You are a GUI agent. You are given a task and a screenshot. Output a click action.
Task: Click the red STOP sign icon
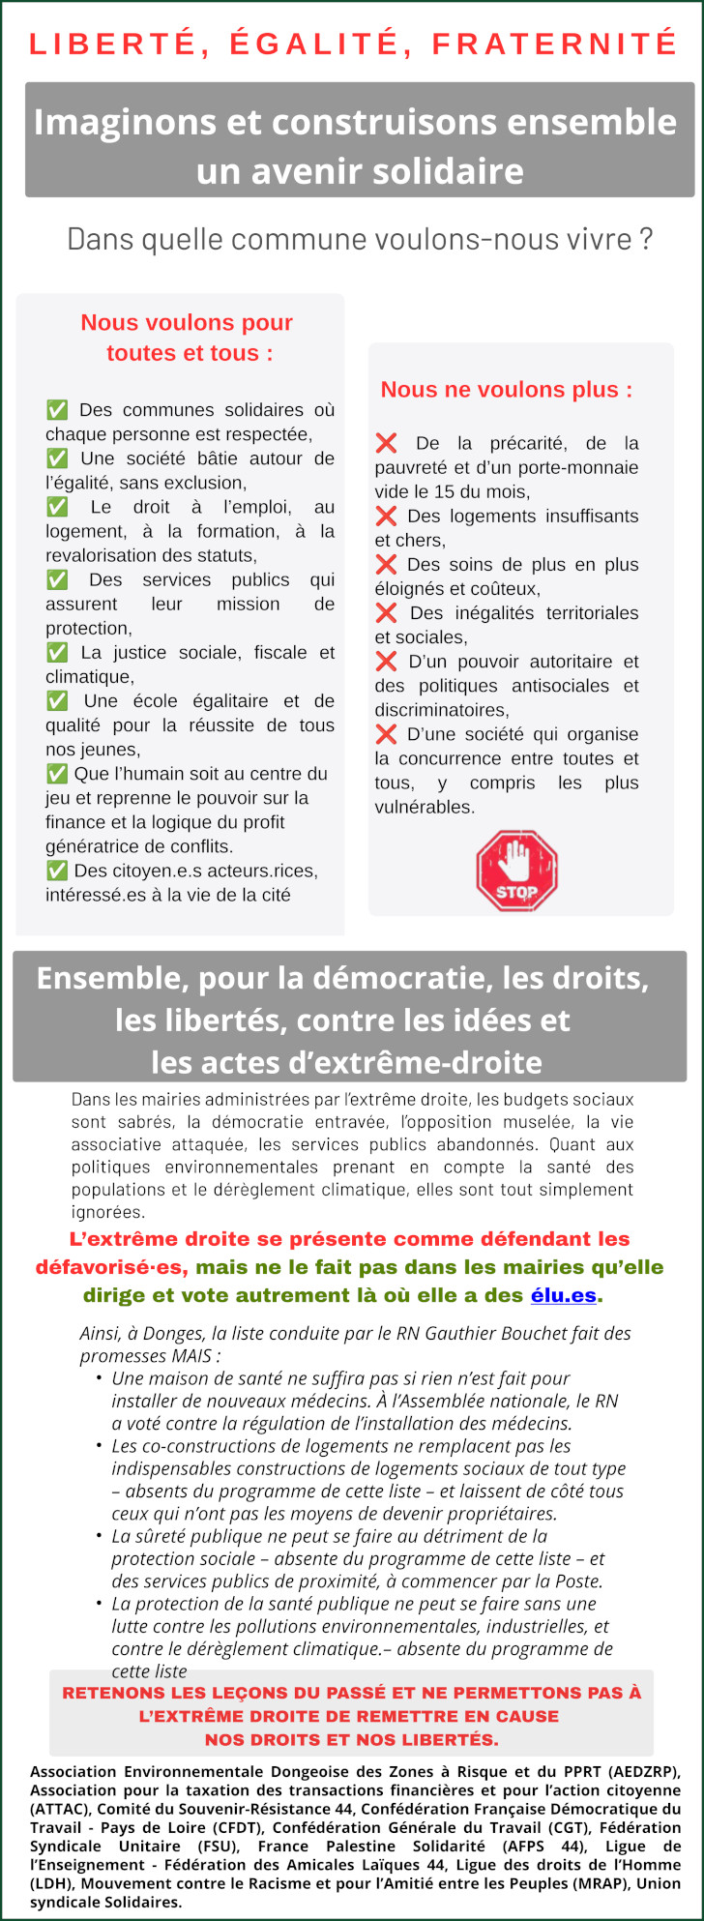click(516, 871)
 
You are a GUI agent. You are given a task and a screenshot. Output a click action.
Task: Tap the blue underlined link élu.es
click(563, 1295)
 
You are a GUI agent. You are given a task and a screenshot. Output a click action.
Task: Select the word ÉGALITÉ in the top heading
click(316, 44)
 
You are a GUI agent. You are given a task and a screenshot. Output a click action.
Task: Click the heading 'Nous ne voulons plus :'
click(506, 390)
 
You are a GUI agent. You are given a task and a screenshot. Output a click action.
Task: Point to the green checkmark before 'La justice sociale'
click(57, 653)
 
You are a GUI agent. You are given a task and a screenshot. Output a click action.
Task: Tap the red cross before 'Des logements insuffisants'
click(386, 517)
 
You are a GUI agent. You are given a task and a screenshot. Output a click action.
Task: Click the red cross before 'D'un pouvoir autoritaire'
click(386, 662)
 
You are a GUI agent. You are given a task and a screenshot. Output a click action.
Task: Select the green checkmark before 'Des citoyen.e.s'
click(56, 871)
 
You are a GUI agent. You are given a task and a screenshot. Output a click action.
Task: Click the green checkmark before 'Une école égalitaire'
click(57, 701)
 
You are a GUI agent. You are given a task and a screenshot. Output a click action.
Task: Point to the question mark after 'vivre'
click(646, 239)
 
